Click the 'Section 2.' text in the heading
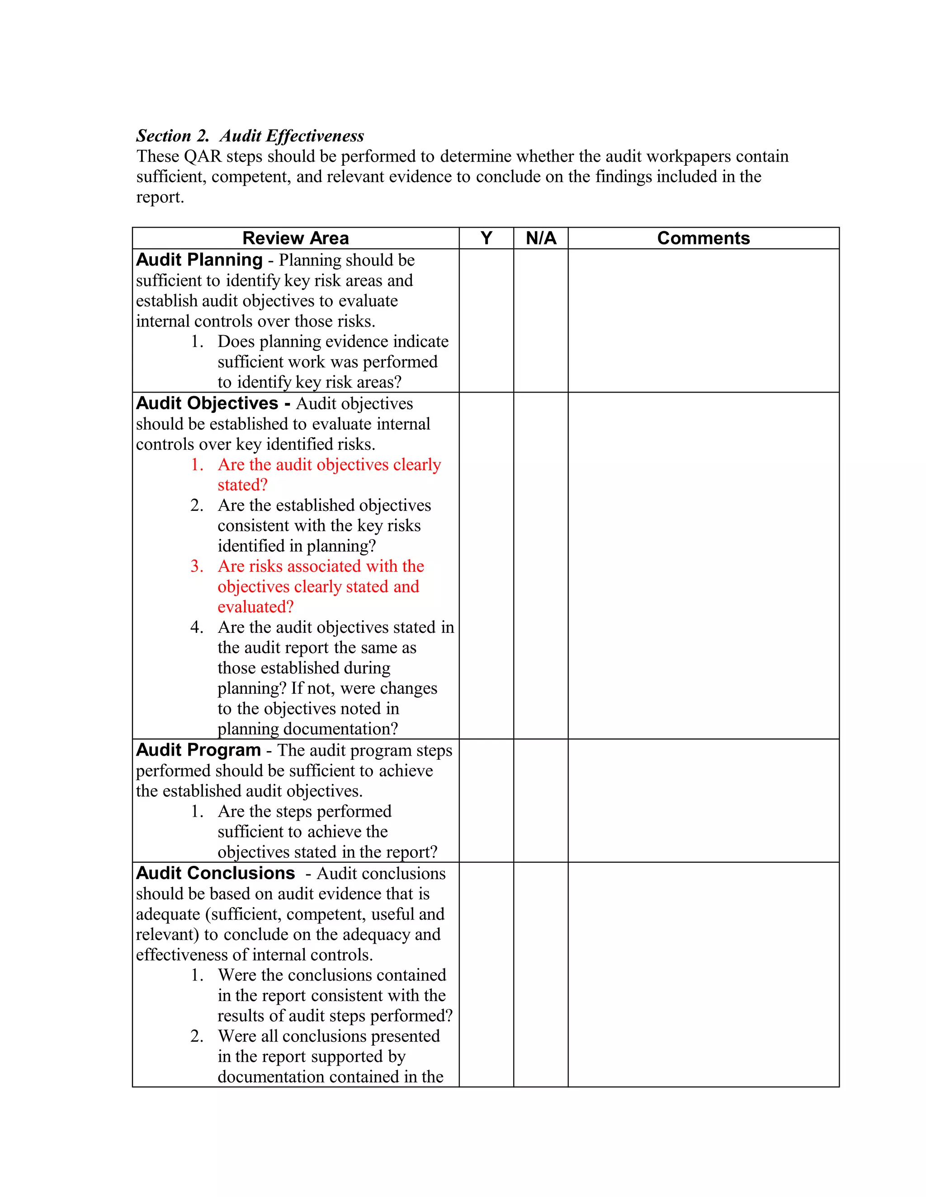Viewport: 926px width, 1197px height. [172, 136]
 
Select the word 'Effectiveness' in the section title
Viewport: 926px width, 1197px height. [314, 136]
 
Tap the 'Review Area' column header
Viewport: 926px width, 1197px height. [295, 238]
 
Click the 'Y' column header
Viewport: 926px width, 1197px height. [486, 238]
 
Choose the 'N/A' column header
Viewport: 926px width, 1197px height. [540, 238]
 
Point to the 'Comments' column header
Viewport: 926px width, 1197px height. [703, 238]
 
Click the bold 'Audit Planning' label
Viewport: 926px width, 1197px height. [199, 259]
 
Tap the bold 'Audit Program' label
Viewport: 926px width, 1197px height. [198, 750]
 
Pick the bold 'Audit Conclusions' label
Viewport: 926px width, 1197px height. [215, 873]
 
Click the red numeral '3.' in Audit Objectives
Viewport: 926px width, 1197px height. [197, 566]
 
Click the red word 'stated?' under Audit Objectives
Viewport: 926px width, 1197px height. [242, 485]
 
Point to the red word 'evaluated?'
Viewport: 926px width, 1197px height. [255, 607]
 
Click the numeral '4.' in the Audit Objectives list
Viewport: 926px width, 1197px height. [197, 627]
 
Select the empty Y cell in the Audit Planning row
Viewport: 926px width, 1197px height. [486, 321]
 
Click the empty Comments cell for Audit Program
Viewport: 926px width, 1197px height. [703, 800]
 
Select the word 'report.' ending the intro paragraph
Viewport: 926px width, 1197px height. [160, 197]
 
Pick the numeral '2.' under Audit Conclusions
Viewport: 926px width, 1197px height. [197, 1036]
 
